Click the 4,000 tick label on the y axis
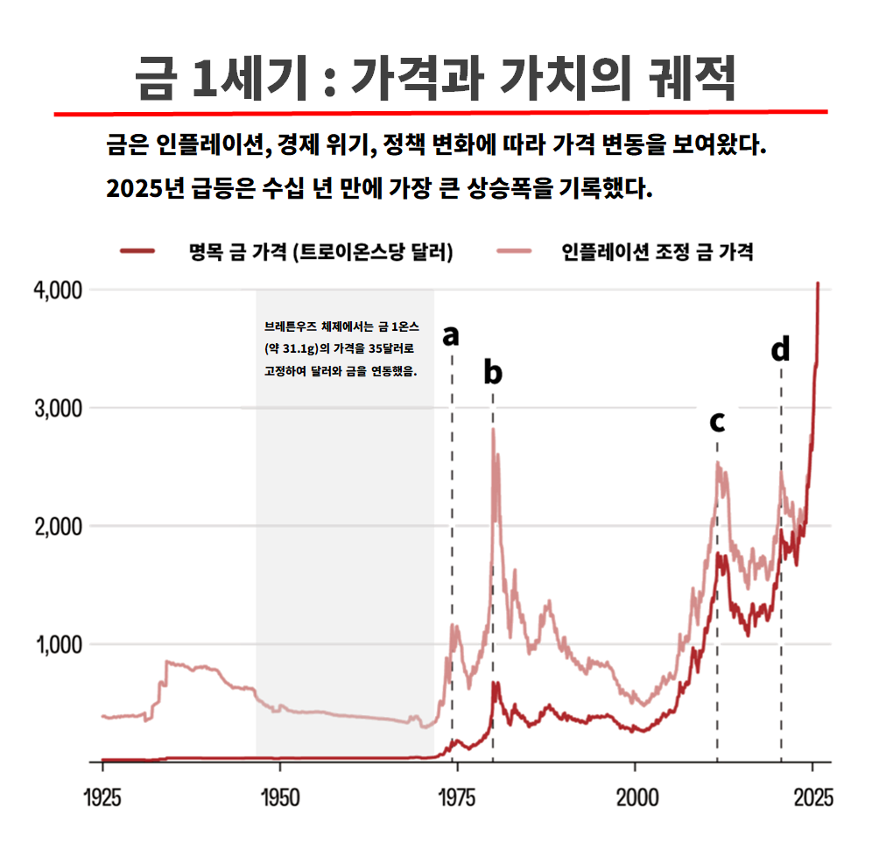[58, 291]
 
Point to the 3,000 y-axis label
[58, 409]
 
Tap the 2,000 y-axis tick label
[58, 527]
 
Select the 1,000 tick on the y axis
[59, 645]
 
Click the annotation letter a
[451, 336]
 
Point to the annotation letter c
[717, 422]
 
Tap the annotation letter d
[780, 348]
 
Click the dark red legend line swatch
[137, 251]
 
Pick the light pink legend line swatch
[514, 251]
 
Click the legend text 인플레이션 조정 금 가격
[658, 252]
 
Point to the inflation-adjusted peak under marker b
[493, 429]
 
